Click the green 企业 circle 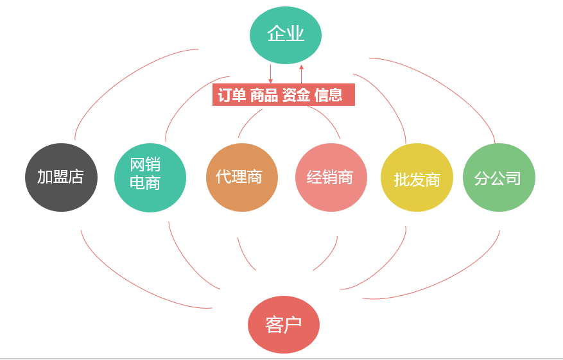pyautogui.click(x=285, y=35)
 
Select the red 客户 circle pyautogui.click(x=283, y=325)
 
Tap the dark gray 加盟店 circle pyautogui.click(x=61, y=177)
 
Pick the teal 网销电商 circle pyautogui.click(x=150, y=177)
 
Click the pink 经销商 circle pyautogui.click(x=331, y=177)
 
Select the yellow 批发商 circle pyautogui.click(x=417, y=178)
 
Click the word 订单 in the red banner pyautogui.click(x=232, y=96)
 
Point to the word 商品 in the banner pyautogui.click(x=264, y=96)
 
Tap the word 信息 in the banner pyautogui.click(x=328, y=96)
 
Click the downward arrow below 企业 pyautogui.click(x=270, y=74)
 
